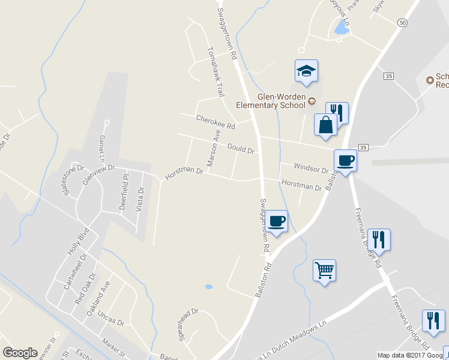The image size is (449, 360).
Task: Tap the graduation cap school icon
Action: click(x=306, y=71)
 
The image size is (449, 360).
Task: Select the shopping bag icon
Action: click(x=325, y=125)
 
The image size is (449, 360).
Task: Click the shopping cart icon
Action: click(x=324, y=271)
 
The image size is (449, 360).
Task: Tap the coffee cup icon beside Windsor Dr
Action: click(x=346, y=161)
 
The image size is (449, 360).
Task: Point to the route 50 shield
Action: click(x=402, y=22)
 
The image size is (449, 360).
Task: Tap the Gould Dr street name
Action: click(x=241, y=148)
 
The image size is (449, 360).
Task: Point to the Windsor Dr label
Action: click(x=311, y=167)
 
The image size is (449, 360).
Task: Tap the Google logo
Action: click(x=20, y=353)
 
